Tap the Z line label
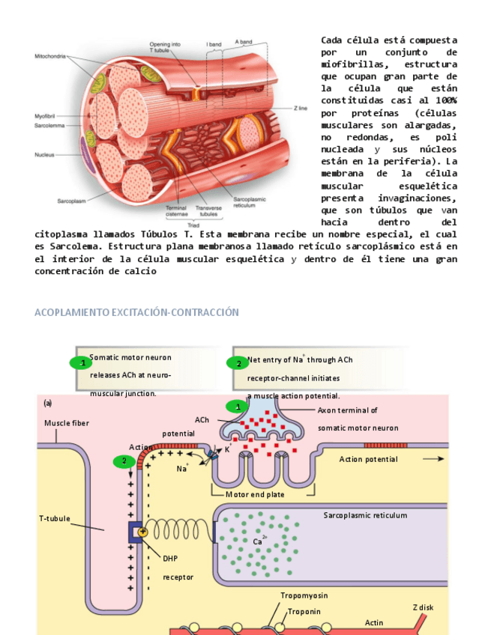click(x=301, y=109)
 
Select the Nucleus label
click(x=44, y=155)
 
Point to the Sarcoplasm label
click(x=73, y=201)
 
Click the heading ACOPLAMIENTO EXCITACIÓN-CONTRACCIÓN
click(x=136, y=312)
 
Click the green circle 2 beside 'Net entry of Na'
click(x=238, y=363)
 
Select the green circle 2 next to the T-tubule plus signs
click(x=124, y=461)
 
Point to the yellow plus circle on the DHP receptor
click(x=142, y=531)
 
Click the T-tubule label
click(x=55, y=518)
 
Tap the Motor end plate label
click(x=255, y=494)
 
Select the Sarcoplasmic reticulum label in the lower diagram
click(x=365, y=515)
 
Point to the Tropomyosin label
click(x=304, y=595)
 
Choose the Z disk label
click(x=423, y=607)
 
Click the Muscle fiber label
click(x=66, y=423)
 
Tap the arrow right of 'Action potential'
click(x=433, y=459)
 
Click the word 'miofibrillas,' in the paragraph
click(x=355, y=64)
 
